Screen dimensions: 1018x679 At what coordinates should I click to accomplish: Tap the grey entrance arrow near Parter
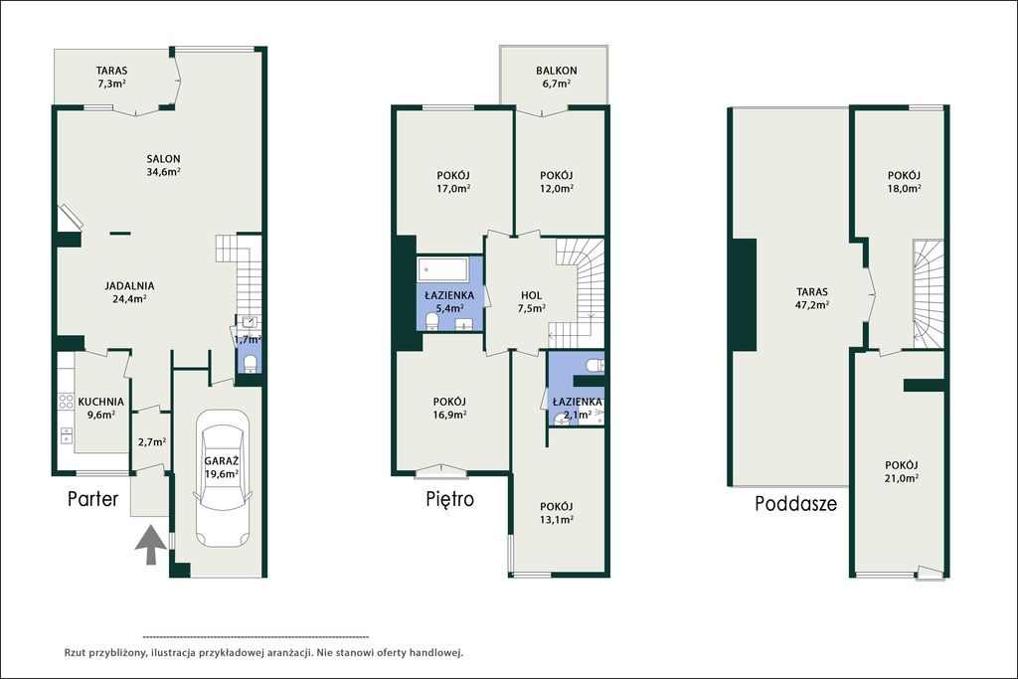click(x=151, y=545)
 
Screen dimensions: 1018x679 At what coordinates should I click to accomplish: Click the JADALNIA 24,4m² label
click(x=130, y=292)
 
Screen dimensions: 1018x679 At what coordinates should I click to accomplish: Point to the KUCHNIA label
click(x=100, y=402)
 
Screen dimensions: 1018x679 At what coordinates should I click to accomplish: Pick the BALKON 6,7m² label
click(x=557, y=77)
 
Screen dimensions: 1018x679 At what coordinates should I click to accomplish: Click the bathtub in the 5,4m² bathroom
click(x=443, y=268)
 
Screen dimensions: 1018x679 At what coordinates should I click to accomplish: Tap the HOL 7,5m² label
click(x=531, y=302)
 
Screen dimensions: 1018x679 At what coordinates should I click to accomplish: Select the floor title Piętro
click(x=450, y=498)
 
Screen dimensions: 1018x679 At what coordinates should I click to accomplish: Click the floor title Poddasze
click(x=795, y=504)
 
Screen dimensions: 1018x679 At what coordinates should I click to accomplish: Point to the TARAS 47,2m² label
click(x=812, y=298)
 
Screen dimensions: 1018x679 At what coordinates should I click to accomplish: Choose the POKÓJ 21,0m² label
click(x=901, y=472)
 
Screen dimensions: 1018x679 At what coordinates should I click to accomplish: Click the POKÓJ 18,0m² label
click(x=905, y=182)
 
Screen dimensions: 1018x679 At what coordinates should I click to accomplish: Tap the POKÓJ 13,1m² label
click(x=557, y=513)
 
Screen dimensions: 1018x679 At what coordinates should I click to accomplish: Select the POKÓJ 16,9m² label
click(x=449, y=408)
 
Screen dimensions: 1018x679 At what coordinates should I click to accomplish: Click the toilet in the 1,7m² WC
click(x=250, y=364)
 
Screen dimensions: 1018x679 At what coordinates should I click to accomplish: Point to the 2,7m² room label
click(x=152, y=442)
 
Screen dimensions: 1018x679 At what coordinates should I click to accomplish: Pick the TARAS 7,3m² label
click(x=111, y=77)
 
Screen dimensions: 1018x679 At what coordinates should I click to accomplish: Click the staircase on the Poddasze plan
click(x=928, y=293)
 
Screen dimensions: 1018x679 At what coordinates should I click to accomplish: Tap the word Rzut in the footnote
click(x=75, y=653)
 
